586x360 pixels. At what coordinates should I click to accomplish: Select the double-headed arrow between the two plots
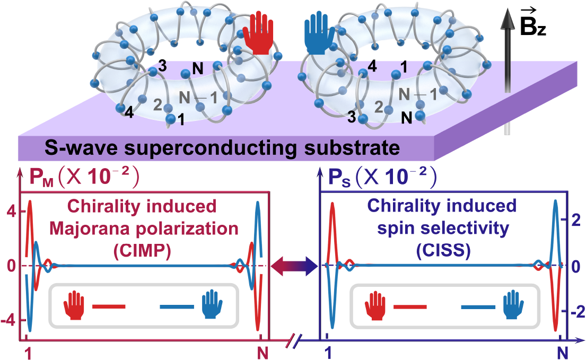pos(294,265)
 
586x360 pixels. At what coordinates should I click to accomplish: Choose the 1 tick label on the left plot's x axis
pos(27,351)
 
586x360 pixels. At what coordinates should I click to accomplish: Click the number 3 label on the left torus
pos(162,66)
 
